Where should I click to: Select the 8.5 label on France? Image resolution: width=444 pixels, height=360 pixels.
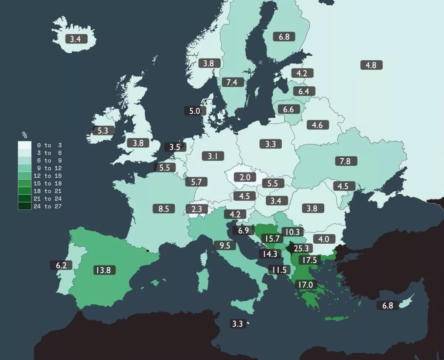[x=164, y=209]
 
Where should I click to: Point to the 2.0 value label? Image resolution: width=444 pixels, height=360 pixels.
[x=245, y=177]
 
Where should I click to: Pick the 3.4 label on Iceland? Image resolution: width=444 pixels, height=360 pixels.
[x=75, y=39]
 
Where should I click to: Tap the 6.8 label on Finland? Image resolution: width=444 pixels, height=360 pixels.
[x=284, y=37]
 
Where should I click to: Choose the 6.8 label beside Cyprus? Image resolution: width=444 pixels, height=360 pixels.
[x=387, y=306]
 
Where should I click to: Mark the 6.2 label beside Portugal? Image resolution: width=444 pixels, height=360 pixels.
[x=61, y=265]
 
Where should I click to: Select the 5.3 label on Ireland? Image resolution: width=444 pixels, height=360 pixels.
[x=103, y=130]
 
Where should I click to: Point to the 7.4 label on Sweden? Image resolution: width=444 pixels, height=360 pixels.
[x=232, y=82]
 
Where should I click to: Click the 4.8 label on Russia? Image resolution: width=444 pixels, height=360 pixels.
[x=371, y=65]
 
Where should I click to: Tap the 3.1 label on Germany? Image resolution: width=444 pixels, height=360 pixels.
[x=213, y=156]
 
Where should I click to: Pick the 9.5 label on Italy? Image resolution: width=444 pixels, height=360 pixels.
[x=225, y=245]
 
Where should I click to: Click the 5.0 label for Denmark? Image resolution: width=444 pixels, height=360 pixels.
[x=195, y=111]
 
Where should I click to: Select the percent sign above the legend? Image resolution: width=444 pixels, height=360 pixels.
[x=25, y=135]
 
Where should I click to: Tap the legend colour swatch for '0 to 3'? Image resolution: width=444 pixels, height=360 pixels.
[x=24, y=145]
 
